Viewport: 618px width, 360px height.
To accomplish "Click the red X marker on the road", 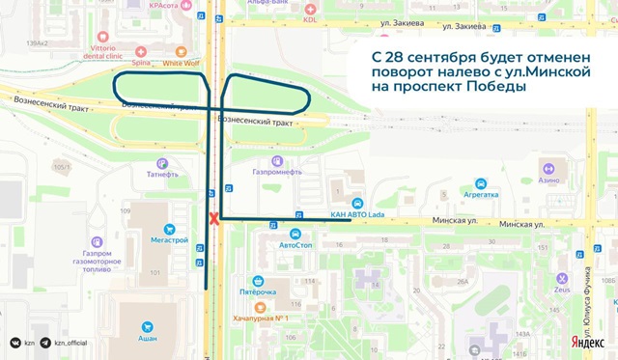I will pyautogui.click(x=214, y=219).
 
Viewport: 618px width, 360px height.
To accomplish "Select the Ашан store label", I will pyautogui.click(x=148, y=339).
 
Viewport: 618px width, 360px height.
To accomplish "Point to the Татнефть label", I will pyautogui.click(x=163, y=175).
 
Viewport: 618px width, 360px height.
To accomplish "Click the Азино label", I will pyautogui.click(x=549, y=180).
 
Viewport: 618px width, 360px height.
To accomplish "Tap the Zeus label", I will pyautogui.click(x=590, y=288).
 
